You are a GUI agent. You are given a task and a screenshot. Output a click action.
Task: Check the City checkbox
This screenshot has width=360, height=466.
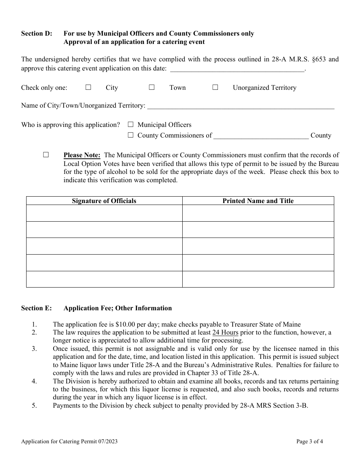coord(88,88)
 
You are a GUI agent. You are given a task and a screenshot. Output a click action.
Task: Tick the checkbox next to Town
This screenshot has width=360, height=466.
coord(152,88)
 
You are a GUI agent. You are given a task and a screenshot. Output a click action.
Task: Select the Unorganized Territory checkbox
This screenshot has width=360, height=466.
coord(215,88)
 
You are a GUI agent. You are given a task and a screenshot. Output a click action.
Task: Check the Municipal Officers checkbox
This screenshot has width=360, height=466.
coord(131,125)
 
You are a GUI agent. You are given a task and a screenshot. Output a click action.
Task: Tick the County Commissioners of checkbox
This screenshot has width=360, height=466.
coord(131,135)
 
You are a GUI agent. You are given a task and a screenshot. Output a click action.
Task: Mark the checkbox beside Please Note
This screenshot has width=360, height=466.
coord(46,155)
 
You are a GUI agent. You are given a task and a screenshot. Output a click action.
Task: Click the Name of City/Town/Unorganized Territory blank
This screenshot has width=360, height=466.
coord(241,106)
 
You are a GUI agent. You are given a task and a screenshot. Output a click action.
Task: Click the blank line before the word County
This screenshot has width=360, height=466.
coord(261,136)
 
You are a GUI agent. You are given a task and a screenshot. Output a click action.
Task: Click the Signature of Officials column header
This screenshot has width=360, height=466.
coord(104,201)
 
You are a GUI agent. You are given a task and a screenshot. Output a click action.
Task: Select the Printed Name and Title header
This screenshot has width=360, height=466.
coord(258,201)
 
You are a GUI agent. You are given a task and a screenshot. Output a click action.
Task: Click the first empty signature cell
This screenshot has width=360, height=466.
coord(104,213)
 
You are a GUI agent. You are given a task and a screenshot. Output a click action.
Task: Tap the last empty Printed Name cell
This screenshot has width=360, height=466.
coord(258,279)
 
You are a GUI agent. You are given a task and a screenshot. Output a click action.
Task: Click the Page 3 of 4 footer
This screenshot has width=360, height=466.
coord(310,441)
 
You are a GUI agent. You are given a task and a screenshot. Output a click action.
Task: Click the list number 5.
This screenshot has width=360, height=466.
coord(34,406)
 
